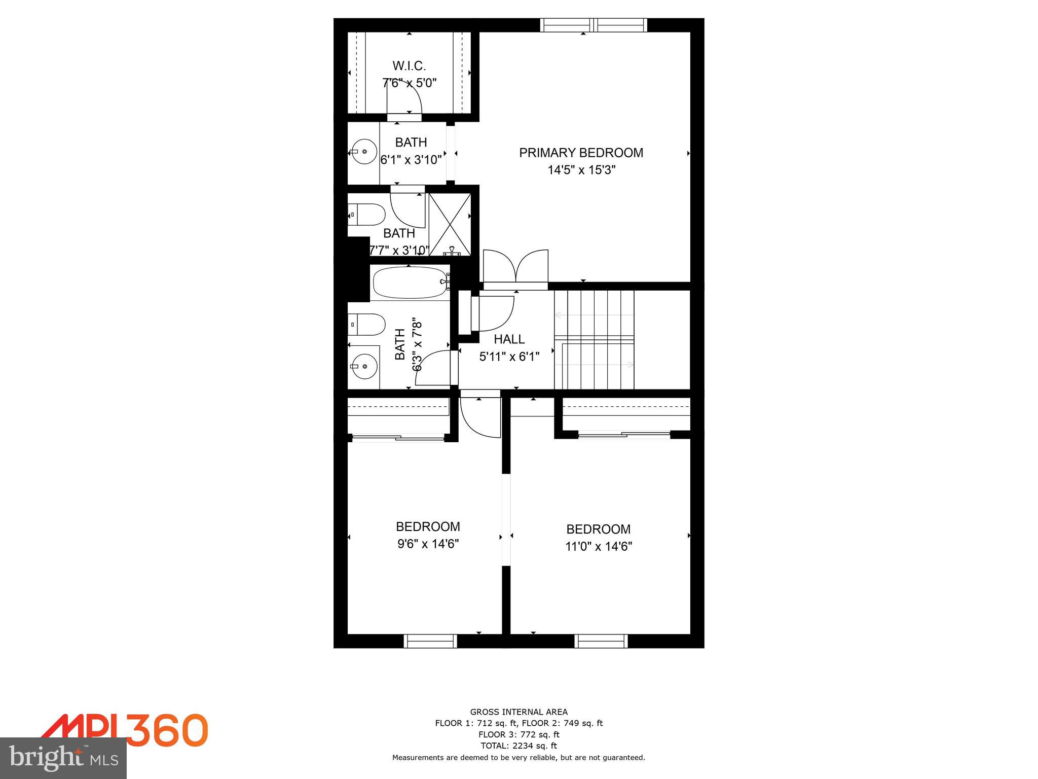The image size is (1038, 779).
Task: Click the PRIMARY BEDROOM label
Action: pos(581,153)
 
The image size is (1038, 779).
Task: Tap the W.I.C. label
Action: pos(409,66)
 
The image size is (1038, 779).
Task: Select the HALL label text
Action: pos(509,339)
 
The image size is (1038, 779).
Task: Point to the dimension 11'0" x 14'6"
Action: pos(599,546)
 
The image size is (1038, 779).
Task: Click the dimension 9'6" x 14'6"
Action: pos(428,544)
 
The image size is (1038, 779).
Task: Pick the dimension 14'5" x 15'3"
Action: pos(581,170)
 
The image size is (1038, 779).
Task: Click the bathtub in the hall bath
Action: pos(410,283)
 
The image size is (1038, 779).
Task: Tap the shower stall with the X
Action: pos(450,224)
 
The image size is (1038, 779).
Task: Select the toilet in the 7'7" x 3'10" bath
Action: pos(366,215)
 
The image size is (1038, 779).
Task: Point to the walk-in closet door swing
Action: pos(405,100)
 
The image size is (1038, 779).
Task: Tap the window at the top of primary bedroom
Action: pos(593,25)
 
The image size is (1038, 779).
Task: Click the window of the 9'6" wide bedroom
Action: pos(430,641)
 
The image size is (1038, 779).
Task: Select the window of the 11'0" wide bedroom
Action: pos(601,641)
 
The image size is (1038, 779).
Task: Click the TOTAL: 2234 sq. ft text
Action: pos(518,746)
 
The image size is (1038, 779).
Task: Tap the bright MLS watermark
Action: pos(63,758)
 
